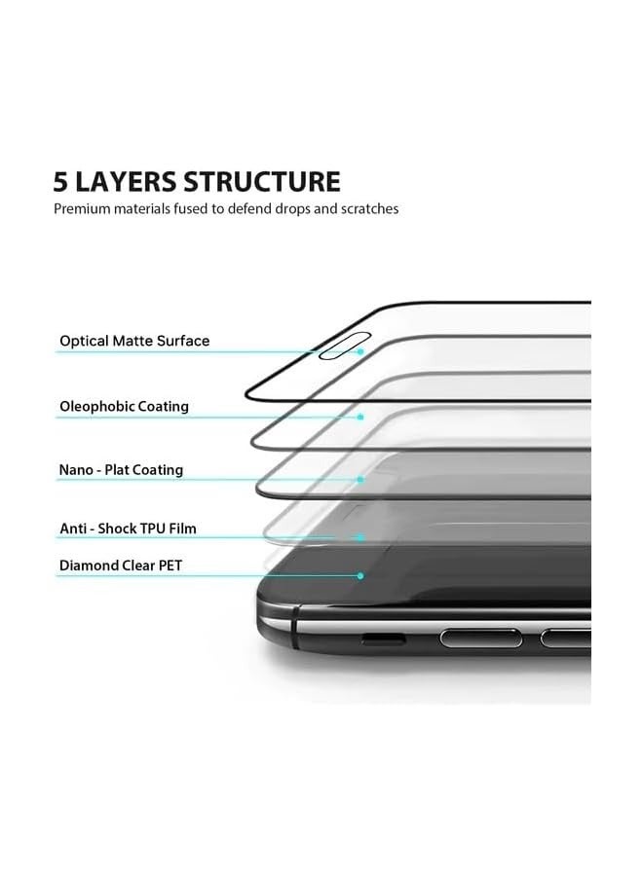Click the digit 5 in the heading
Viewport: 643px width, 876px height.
(x=61, y=182)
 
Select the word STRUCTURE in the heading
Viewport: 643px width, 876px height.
(x=262, y=182)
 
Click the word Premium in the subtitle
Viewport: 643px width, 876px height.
(x=82, y=209)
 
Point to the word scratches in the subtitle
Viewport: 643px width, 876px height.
(x=369, y=209)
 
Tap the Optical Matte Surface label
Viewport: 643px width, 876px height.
(x=134, y=341)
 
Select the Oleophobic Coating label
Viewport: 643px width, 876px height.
(x=124, y=406)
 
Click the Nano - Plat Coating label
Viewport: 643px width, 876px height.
(x=122, y=470)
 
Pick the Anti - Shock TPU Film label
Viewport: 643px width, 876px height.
(x=128, y=529)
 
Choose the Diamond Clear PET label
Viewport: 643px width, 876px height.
(x=121, y=566)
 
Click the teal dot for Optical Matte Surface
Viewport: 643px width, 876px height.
(x=360, y=352)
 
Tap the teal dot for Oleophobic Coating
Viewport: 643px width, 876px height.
(x=360, y=418)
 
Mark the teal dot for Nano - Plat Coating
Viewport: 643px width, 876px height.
(x=360, y=479)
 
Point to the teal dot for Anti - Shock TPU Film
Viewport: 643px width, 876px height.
(x=360, y=537)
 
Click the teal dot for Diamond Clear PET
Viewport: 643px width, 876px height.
(x=360, y=575)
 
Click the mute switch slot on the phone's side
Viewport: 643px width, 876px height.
(x=383, y=639)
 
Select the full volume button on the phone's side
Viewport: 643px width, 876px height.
(x=481, y=638)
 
